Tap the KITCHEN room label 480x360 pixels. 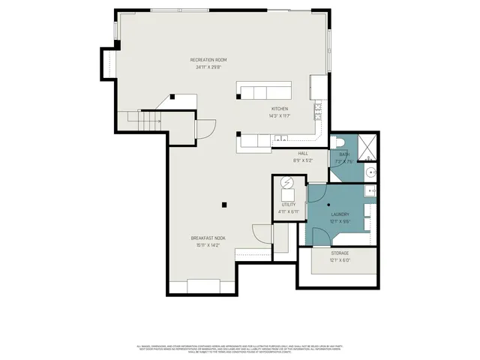279,109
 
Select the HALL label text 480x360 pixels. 303,154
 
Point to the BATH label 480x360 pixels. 344,154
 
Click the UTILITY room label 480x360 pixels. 289,204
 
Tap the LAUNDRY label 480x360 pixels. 340,214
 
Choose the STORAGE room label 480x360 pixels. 340,253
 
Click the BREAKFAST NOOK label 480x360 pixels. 211,238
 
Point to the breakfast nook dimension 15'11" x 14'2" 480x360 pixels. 211,245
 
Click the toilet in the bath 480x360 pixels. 339,142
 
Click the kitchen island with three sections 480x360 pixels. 265,91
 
